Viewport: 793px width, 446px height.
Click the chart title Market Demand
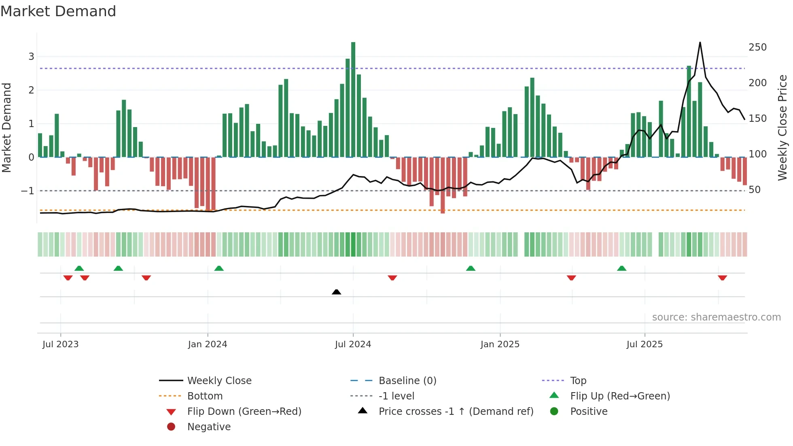click(58, 11)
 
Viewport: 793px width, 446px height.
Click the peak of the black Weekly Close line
click(700, 42)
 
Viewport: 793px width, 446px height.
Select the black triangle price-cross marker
click(336, 292)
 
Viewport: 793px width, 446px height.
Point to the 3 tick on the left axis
click(31, 57)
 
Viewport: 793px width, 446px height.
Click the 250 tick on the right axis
click(757, 47)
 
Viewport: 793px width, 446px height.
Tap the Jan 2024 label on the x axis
click(208, 344)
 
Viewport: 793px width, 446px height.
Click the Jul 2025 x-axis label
click(645, 344)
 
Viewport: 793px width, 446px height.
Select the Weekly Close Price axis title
click(782, 127)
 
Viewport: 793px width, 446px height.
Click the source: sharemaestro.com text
click(716, 317)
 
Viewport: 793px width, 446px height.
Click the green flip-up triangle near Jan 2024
click(219, 268)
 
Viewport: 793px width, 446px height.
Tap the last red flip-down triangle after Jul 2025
click(723, 278)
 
